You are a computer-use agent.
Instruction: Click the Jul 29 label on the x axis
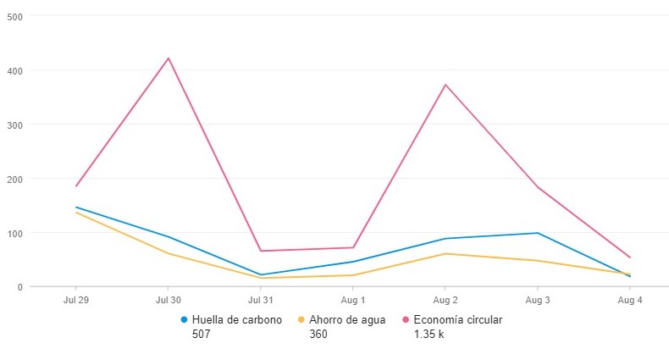click(x=76, y=301)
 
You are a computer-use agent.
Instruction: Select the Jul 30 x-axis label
click(x=169, y=301)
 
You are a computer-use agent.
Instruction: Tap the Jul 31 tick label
click(x=261, y=301)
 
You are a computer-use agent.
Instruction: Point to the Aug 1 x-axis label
click(x=353, y=301)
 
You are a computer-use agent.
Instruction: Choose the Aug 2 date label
click(x=445, y=301)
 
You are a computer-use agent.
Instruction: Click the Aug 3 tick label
click(x=538, y=301)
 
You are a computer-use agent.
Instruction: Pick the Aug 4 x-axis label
click(x=630, y=301)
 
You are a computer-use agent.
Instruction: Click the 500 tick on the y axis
click(x=14, y=16)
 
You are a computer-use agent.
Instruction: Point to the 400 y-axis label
click(x=14, y=70)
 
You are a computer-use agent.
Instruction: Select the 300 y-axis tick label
click(x=14, y=125)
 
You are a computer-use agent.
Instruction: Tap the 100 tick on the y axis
click(x=14, y=233)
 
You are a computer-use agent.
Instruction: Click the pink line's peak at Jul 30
click(x=169, y=58)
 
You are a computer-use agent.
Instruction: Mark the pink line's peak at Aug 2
click(x=445, y=85)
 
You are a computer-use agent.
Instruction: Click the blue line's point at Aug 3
click(x=538, y=233)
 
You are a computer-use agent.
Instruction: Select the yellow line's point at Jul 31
click(x=261, y=278)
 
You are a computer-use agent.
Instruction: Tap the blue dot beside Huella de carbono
click(x=184, y=320)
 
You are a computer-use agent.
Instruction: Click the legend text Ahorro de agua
click(x=347, y=320)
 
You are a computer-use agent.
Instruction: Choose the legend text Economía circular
click(x=458, y=320)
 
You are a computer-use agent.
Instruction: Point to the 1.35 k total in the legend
click(x=428, y=335)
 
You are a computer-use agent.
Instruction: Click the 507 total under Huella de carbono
click(x=201, y=335)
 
